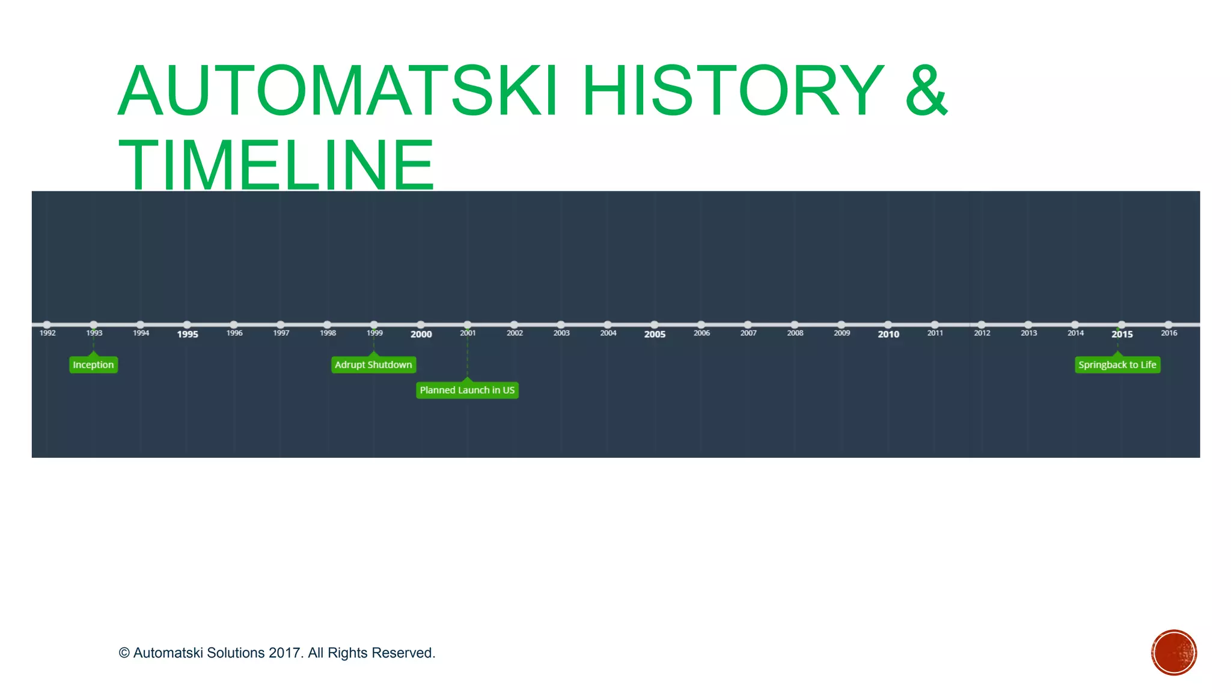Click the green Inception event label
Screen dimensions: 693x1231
pyautogui.click(x=93, y=365)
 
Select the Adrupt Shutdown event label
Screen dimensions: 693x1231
pyautogui.click(x=373, y=365)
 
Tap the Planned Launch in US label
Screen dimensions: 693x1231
pyautogui.click(x=467, y=390)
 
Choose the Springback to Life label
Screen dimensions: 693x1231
pyautogui.click(x=1117, y=365)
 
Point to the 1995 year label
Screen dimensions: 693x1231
pyautogui.click(x=188, y=334)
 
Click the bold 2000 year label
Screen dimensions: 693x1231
pyautogui.click(x=421, y=334)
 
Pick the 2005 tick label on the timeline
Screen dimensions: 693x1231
pyautogui.click(x=655, y=334)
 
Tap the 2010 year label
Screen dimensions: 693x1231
pyautogui.click(x=888, y=334)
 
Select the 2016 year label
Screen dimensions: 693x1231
pyautogui.click(x=1168, y=333)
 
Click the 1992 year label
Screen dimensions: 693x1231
pyautogui.click(x=47, y=333)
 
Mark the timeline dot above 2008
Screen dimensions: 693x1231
pyautogui.click(x=795, y=325)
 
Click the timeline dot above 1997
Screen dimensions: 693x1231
pyautogui.click(x=281, y=325)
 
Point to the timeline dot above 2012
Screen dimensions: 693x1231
pyautogui.click(x=982, y=325)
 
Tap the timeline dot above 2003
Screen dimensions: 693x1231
pyautogui.click(x=561, y=325)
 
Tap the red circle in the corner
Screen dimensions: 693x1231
pyautogui.click(x=1174, y=653)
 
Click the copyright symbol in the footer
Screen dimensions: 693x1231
pyautogui.click(x=124, y=653)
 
